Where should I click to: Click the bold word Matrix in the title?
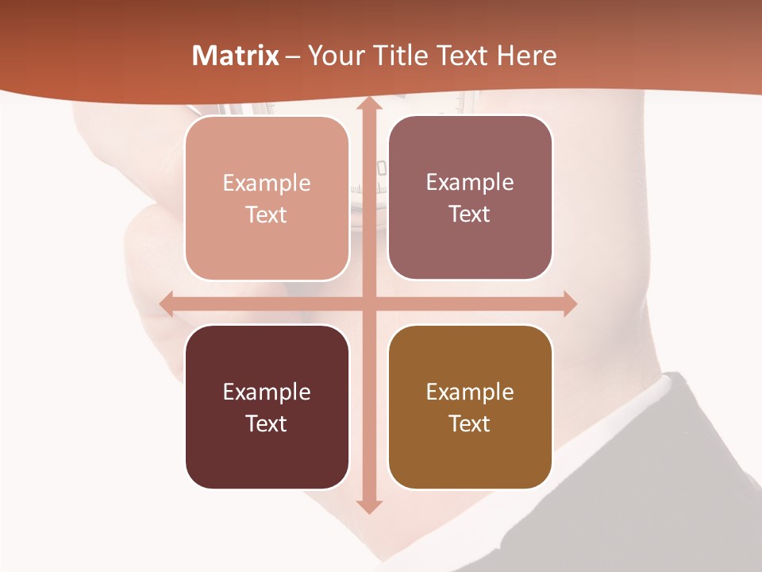tap(236, 56)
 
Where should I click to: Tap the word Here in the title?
tap(527, 56)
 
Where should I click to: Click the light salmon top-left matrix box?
tap(267, 198)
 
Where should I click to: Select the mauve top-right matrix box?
tap(470, 198)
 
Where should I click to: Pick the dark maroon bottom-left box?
tap(267, 407)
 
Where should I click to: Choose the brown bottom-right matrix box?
tap(470, 407)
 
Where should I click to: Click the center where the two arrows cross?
tap(368, 304)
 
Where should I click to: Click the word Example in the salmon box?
tap(267, 184)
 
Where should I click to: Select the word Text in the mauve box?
tap(470, 214)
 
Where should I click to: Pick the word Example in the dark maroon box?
tap(267, 392)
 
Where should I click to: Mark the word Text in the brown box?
tap(470, 423)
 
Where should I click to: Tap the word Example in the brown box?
tap(470, 392)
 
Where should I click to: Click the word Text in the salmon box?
tap(267, 215)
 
